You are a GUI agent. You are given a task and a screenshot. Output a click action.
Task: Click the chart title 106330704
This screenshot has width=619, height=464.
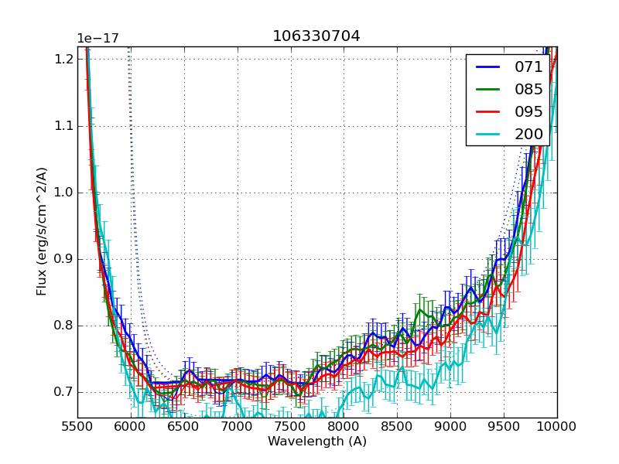316,36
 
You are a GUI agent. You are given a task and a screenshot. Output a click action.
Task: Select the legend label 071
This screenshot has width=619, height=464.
528,67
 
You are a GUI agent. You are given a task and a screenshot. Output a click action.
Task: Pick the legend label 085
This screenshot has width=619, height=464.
528,90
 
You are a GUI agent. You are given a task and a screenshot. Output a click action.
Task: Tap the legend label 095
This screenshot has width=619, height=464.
528,112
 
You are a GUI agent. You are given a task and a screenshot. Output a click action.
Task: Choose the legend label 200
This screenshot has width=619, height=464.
528,135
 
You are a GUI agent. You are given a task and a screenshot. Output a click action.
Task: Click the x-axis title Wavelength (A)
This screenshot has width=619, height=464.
317,442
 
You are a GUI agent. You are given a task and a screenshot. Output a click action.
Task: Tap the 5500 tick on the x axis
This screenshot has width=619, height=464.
77,427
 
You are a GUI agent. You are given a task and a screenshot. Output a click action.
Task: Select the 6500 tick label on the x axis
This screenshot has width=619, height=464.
184,427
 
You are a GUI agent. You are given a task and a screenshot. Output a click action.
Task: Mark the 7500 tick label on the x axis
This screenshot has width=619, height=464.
291,427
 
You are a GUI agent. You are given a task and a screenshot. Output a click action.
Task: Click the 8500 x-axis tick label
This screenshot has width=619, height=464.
397,427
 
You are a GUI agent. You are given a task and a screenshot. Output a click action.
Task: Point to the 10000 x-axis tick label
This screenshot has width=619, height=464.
556,427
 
